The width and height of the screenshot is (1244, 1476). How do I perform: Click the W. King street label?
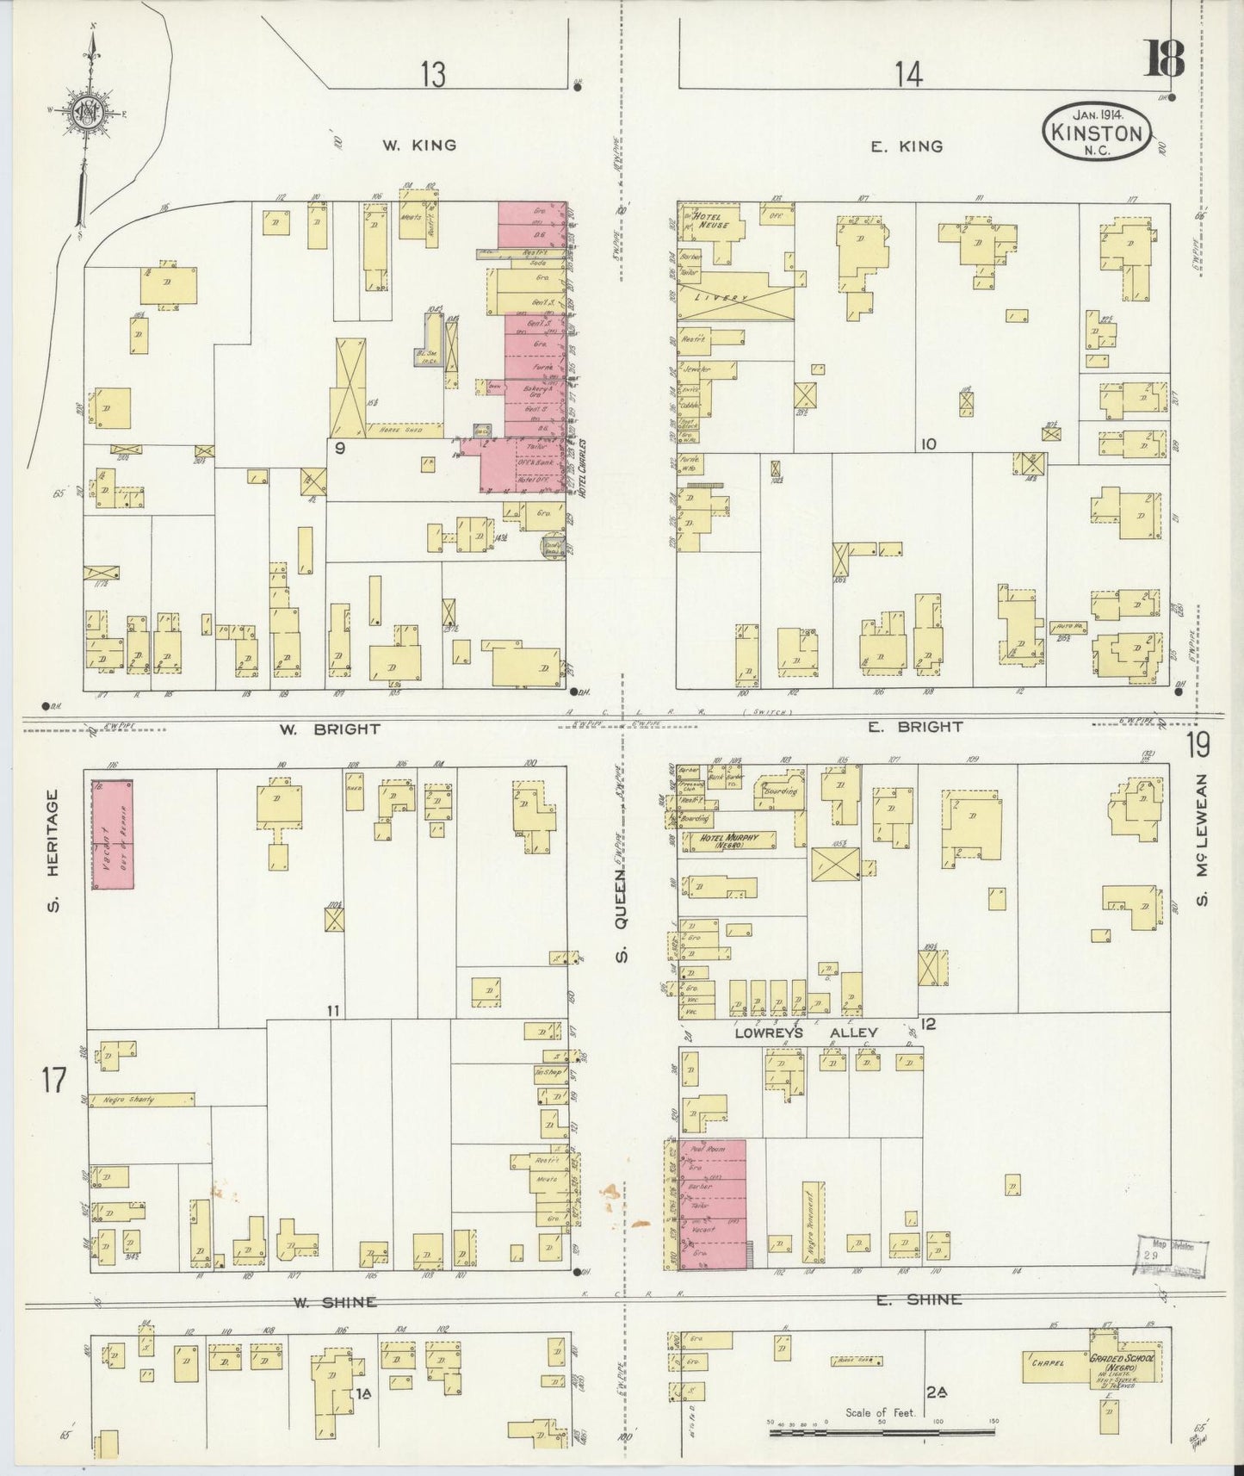pyautogui.click(x=419, y=146)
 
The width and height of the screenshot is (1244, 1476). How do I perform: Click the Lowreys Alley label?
pyautogui.click(x=805, y=1033)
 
